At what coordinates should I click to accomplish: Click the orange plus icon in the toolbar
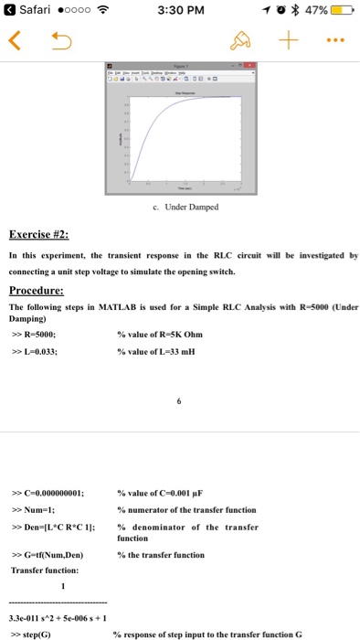(290, 39)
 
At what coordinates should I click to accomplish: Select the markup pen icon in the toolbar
(239, 39)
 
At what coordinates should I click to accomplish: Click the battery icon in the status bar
(340, 10)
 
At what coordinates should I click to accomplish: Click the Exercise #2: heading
(47, 233)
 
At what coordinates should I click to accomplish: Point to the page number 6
(181, 398)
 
